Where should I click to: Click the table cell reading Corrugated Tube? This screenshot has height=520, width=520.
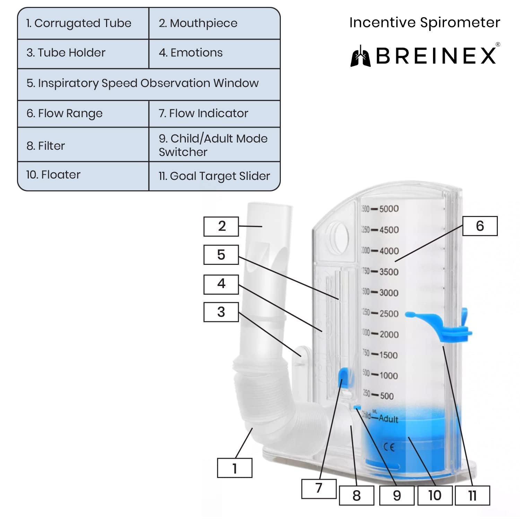83,23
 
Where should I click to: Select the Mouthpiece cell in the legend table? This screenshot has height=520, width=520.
214,23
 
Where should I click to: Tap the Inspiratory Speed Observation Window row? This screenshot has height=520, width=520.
148,83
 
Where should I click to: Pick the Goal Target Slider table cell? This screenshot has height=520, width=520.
214,176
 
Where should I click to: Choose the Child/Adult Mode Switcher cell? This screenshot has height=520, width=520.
214,145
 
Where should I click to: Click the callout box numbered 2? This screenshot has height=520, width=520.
221,226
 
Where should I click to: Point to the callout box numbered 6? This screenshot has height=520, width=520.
480,226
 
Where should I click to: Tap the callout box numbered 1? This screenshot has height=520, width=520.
235,468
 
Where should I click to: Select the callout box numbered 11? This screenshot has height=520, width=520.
472,495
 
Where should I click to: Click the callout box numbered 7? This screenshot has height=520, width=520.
319,488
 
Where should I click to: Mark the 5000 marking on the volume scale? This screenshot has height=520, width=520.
389,209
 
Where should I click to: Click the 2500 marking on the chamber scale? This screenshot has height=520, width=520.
389,313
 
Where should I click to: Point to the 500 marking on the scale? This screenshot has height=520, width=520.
387,396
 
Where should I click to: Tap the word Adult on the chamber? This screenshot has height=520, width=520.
388,418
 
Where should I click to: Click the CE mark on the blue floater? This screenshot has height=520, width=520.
389,447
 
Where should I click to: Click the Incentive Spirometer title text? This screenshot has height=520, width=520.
425,23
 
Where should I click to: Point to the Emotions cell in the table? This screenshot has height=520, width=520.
214,53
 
